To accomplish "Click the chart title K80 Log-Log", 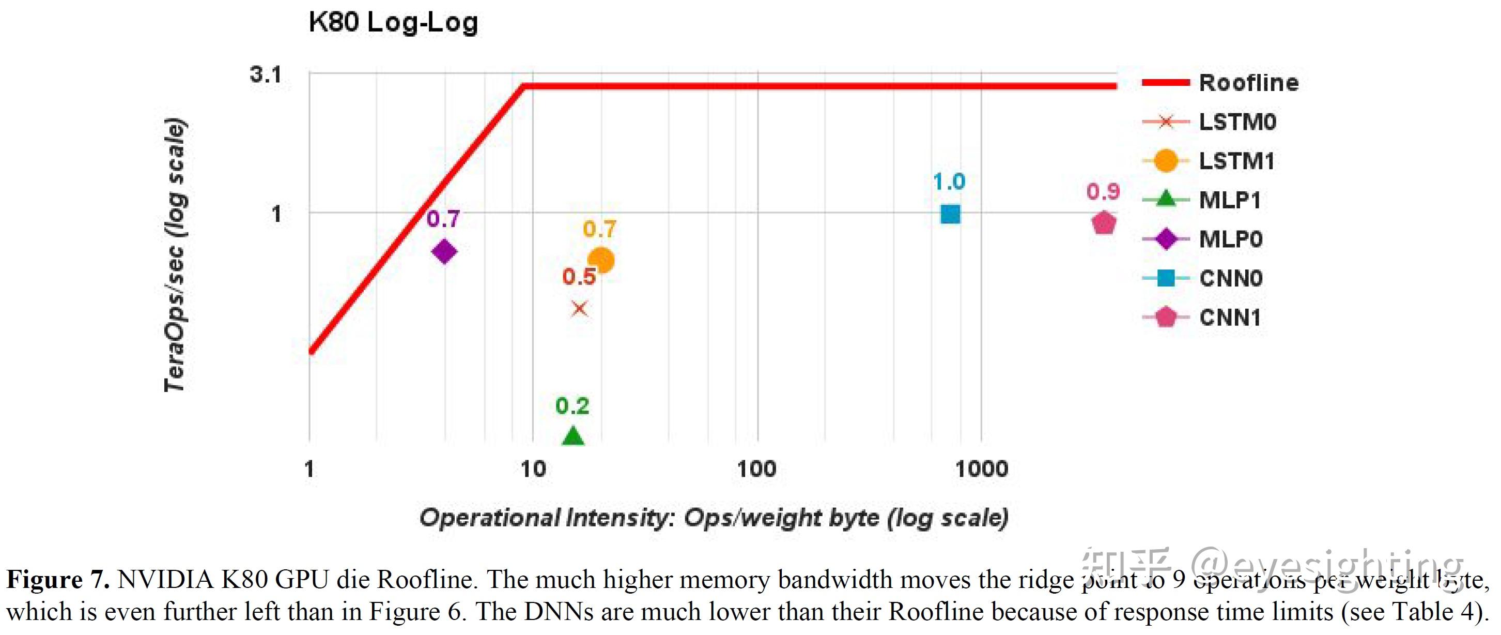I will [393, 23].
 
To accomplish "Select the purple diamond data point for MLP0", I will [444, 251].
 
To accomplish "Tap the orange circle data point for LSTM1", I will [601, 260].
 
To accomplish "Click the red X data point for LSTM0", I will [579, 309].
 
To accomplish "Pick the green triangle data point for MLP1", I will [573, 436].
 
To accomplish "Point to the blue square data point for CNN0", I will [950, 214].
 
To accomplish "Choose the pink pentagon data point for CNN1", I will [1104, 223].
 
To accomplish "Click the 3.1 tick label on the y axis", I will [266, 74].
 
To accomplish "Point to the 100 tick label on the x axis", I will [756, 469].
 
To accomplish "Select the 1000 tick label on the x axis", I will [981, 469].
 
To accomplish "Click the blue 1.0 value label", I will [949, 182].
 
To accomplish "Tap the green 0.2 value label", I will [572, 406].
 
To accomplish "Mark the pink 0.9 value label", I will [1103, 191].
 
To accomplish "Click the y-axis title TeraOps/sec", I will [175, 255].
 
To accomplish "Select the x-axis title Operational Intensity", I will [714, 518].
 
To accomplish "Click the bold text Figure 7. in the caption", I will [58, 580].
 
